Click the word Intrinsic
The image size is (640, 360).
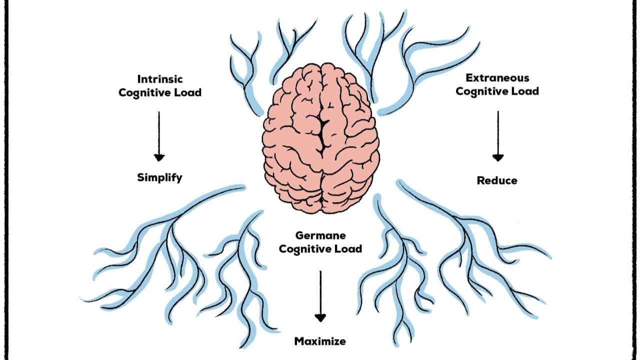160,79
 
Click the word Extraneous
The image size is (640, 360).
497,77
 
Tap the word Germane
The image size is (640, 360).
320,235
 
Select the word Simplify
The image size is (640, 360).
159,177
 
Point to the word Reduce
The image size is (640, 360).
497,180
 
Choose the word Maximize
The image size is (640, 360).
320,341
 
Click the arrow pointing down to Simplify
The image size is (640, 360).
159,136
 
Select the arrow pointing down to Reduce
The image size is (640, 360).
498,136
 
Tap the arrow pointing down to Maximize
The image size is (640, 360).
320,296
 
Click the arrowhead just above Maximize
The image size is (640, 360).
320,317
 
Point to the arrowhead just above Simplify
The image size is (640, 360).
159,157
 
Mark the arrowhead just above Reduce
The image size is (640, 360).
498,157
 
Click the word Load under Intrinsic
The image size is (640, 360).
189,92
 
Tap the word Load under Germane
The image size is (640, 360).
350,248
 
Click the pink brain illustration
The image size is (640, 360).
321,138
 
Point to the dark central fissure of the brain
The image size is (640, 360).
323,134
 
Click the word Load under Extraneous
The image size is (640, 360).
526,91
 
